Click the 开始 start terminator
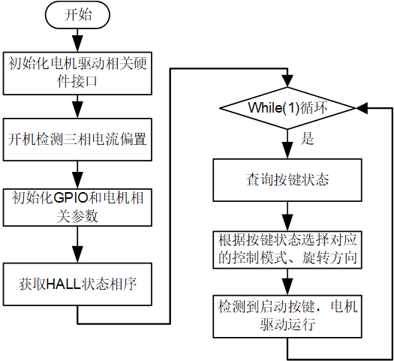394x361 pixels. pos(77,15)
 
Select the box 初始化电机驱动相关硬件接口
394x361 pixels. pos(77,74)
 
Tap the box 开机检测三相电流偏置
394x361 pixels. pos(77,140)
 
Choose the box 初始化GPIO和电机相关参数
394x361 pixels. pos(77,207)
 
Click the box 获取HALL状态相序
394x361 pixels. pos(77,284)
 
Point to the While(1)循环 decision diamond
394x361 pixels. pos(287,108)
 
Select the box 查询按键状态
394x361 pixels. pos(287,180)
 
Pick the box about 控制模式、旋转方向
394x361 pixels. pos(287,250)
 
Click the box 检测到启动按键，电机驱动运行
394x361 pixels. pos(287,316)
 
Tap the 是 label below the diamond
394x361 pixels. pos(307,138)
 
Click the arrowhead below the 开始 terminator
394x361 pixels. pos(77,44)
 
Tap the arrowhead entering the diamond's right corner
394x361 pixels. pos(362,108)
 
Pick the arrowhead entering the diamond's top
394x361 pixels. pos(287,80)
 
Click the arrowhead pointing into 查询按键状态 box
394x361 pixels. pos(287,150)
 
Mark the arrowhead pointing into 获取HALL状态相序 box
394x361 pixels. pos(77,254)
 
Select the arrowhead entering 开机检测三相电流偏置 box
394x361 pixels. pos(77,110)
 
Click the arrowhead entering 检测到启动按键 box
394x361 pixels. pos(287,287)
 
